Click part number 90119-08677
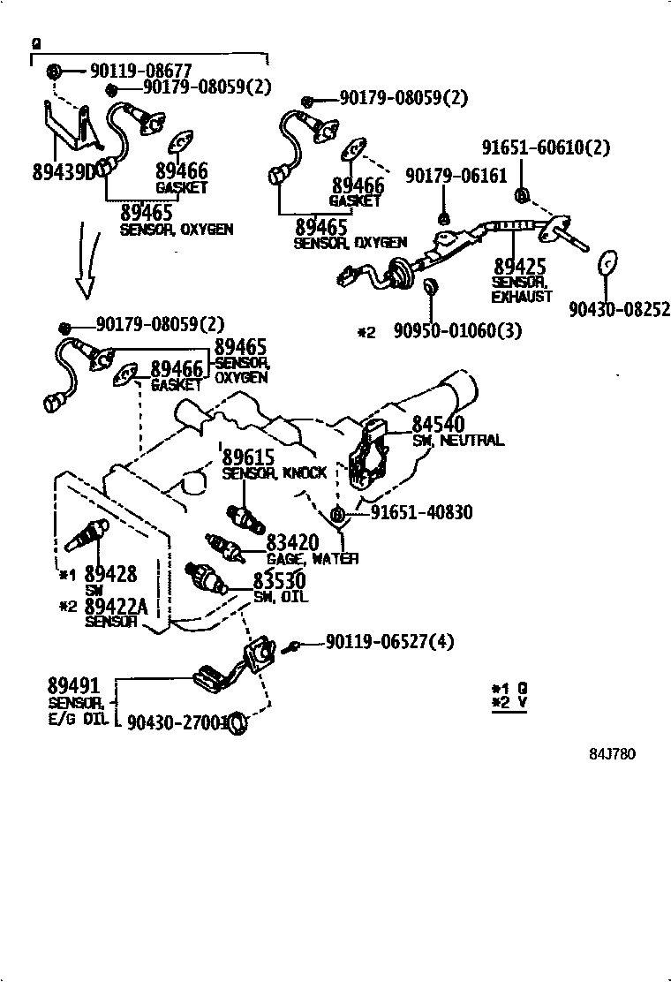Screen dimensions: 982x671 tap(140, 70)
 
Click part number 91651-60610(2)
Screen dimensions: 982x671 tap(546, 147)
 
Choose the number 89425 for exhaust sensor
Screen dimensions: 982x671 tap(520, 266)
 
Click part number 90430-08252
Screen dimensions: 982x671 tap(619, 309)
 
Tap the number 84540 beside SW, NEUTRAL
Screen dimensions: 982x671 tap(439, 425)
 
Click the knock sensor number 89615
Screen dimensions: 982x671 tap(249, 457)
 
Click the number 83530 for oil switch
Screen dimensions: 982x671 tap(279, 581)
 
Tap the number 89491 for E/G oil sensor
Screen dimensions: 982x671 tap(73, 686)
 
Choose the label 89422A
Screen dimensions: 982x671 tap(117, 606)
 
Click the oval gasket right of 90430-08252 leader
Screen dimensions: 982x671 tap(607, 263)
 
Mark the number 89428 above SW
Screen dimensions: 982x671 tap(110, 574)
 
